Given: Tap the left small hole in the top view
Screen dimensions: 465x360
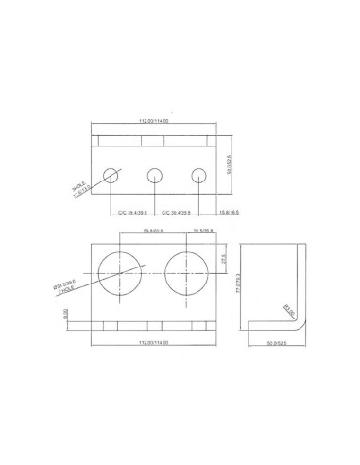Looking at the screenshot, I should [x=112, y=175].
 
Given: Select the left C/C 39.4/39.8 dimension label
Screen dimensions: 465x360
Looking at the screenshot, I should [x=132, y=214].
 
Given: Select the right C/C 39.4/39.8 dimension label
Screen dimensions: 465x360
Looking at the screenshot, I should [x=177, y=214].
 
